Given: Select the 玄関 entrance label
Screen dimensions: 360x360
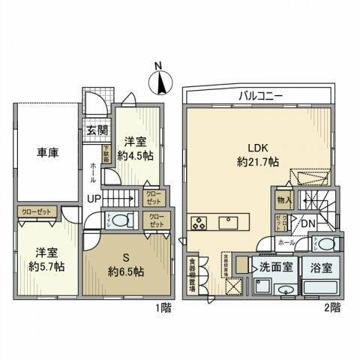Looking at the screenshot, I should [x=94, y=131].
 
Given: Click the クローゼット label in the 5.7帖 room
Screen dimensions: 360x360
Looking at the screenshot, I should [x=37, y=212].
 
